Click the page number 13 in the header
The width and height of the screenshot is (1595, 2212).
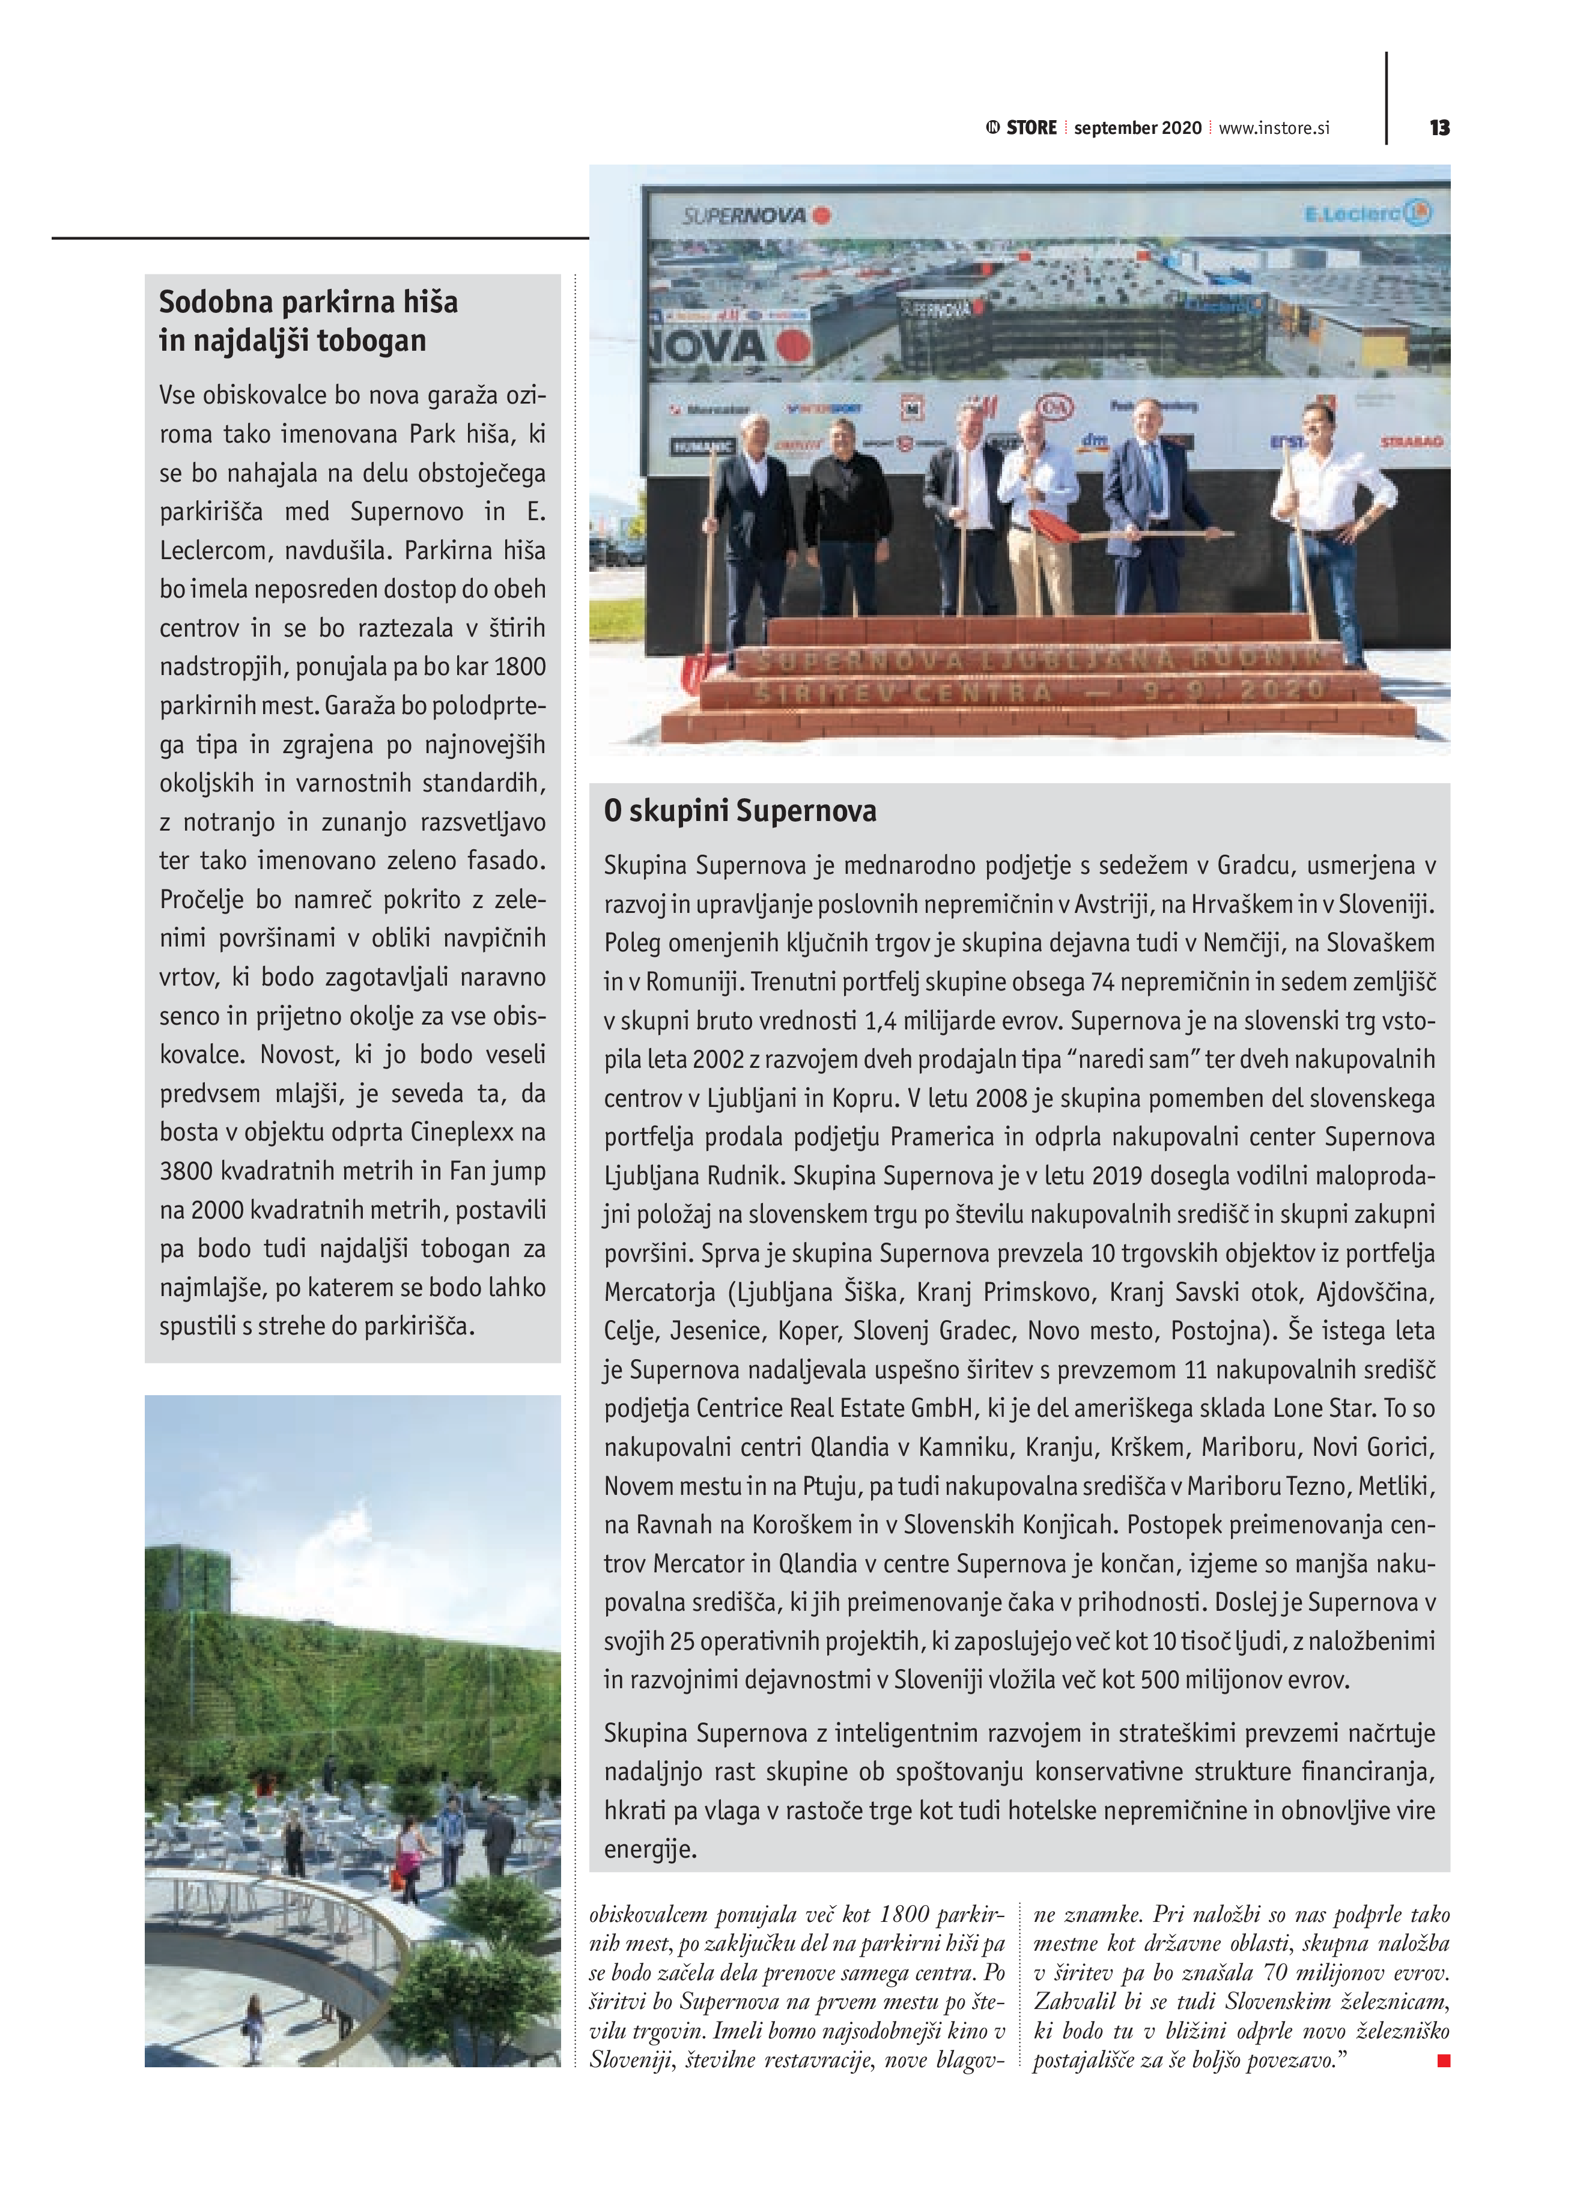point(1439,128)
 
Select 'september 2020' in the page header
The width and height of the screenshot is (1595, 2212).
point(1137,128)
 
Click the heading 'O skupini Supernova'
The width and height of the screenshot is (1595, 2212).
point(740,810)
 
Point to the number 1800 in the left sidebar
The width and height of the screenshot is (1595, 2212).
point(520,667)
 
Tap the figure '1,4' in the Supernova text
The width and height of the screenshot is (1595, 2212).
point(880,1021)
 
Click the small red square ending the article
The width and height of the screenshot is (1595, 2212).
point(1444,2061)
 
